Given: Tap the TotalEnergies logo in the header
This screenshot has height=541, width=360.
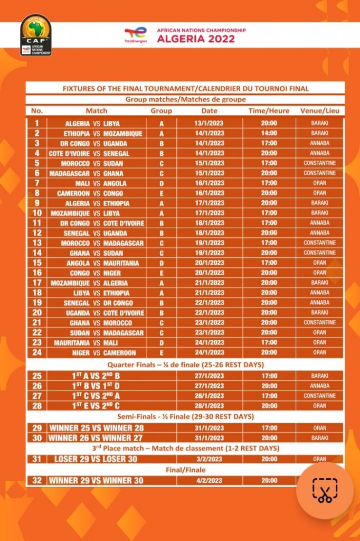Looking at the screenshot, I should pos(135,35).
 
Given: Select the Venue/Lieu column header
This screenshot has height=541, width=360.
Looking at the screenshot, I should pos(319,111).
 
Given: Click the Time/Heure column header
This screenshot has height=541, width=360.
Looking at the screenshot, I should pos(269,111).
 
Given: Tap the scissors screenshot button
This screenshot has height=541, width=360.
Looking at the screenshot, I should pos(325,491).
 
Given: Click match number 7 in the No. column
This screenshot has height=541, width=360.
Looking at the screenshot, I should pos(37,183).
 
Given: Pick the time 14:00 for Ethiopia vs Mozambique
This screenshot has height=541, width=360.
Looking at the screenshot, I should pos(269,134).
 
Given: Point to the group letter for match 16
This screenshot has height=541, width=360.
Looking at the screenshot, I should pos(162,273).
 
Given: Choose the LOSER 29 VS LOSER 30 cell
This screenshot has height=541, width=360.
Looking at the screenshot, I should pos(96,459).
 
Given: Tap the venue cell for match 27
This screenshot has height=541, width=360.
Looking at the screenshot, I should pos(319,396).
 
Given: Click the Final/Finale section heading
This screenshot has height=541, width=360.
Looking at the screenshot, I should pos(185,470).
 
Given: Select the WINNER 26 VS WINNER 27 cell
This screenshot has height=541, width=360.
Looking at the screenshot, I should pos(96,438).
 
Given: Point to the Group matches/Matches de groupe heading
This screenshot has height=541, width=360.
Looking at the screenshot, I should pos(185,99).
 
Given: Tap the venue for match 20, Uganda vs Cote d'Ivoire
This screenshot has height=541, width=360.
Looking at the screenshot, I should pos(319,313).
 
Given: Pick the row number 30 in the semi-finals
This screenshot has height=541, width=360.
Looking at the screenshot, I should pos(37,438).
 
